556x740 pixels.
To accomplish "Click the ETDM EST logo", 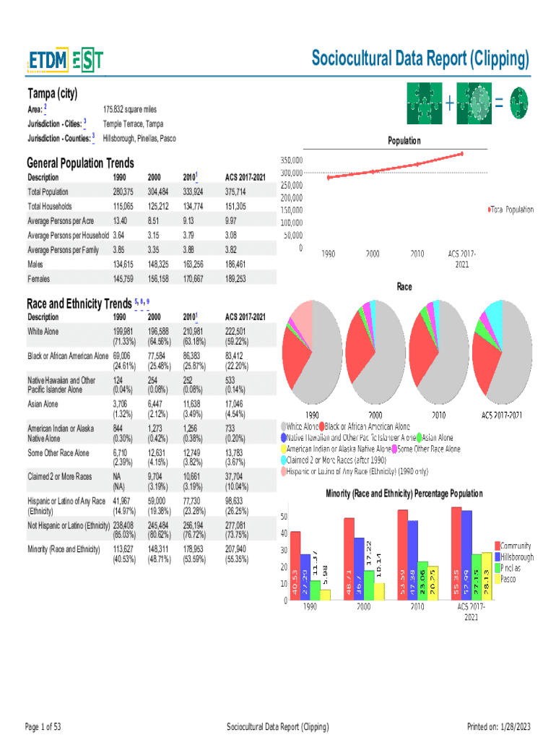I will point(65,61).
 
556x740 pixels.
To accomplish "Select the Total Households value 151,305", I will point(237,206).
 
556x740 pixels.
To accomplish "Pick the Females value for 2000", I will point(158,278).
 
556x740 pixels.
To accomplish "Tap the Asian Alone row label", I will point(43,404).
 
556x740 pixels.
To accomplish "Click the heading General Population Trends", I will point(80,163).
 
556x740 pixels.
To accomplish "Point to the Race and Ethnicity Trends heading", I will point(79,303).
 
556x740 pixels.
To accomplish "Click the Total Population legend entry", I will point(511,210).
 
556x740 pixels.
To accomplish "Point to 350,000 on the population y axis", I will point(287,160).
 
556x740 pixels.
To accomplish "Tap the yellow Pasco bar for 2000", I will point(379,591).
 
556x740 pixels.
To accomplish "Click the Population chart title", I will point(404,141).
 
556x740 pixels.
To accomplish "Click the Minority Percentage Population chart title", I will point(404,494).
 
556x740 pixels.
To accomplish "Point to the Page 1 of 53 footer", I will point(43,726).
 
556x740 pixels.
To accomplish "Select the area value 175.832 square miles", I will point(130,109).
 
